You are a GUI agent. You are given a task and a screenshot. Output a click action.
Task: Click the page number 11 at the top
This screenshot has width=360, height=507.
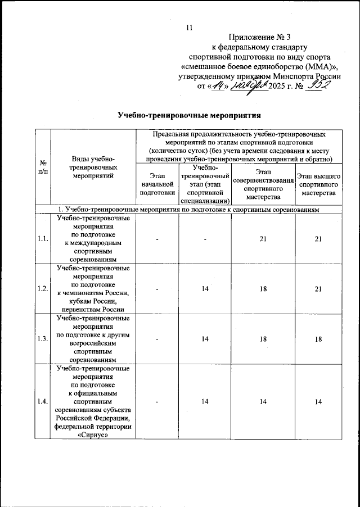tap(189, 29)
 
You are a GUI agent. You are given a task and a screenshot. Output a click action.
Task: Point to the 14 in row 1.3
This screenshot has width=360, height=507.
tap(205, 338)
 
